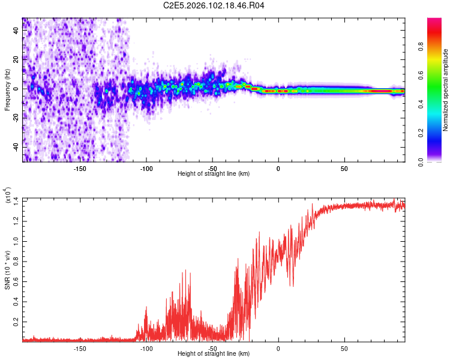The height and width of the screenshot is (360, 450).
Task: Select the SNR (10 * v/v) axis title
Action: pos(7,269)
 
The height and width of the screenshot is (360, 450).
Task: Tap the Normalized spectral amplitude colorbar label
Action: pos(446,90)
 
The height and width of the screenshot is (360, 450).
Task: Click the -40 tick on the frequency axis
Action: pos(16,147)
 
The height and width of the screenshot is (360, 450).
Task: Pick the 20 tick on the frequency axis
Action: pos(16,59)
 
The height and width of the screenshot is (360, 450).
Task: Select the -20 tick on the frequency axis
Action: pos(16,118)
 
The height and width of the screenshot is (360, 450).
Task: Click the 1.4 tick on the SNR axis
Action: pos(16,200)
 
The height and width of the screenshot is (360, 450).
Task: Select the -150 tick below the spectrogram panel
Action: pos(80,168)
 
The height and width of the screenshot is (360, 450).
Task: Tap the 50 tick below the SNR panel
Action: pos(344,349)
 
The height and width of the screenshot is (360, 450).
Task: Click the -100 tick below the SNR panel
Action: pos(146,349)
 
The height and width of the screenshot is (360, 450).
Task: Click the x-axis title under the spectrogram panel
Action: pos(214,173)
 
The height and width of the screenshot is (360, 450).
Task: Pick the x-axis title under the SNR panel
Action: pos(214,354)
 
